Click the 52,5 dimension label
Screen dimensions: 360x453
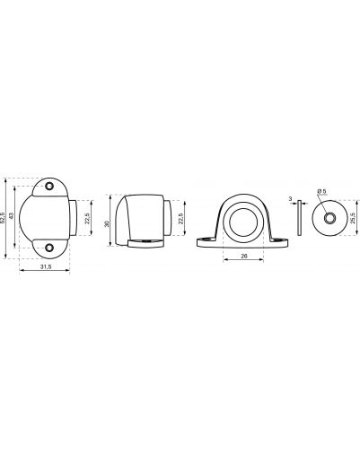(x=3, y=218)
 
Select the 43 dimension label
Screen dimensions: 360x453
(x=12, y=215)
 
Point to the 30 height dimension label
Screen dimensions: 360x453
(x=108, y=223)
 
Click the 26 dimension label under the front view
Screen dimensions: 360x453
(x=244, y=256)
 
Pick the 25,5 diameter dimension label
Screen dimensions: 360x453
(x=353, y=218)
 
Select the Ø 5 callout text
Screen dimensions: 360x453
(x=322, y=190)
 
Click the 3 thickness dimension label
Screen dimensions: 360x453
(x=290, y=198)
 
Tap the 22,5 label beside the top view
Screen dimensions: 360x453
(x=87, y=218)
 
